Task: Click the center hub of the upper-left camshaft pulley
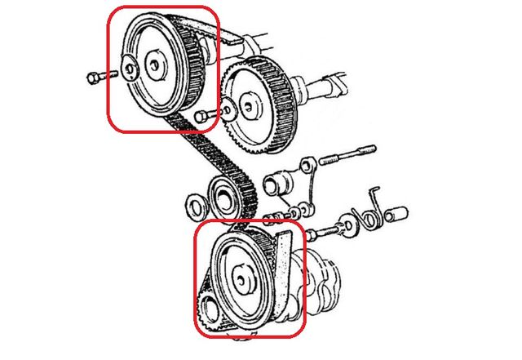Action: tap(153, 63)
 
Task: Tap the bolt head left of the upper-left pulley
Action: tap(91, 78)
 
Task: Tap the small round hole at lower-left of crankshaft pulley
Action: tap(206, 309)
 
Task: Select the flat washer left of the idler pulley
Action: tap(194, 203)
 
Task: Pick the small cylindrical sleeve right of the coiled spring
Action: tap(399, 216)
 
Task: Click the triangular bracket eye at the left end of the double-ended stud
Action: tap(308, 166)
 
